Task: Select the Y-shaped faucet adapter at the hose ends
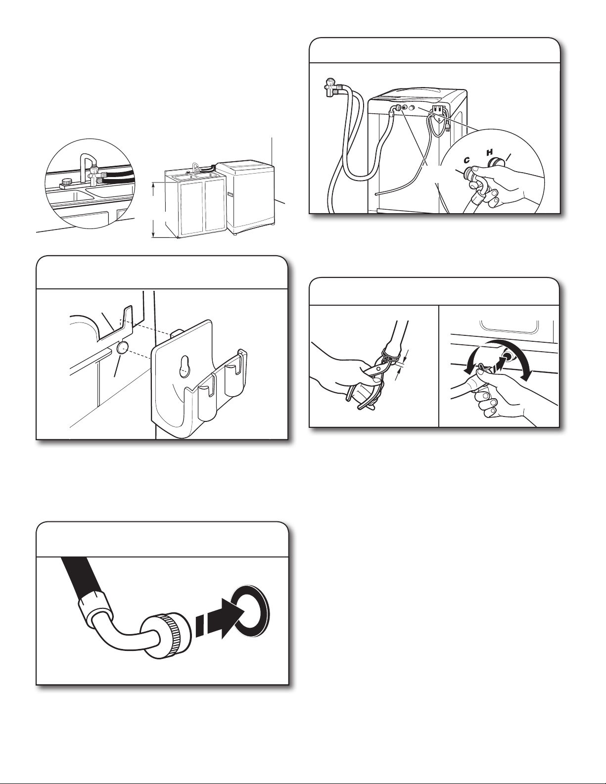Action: (329, 87)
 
